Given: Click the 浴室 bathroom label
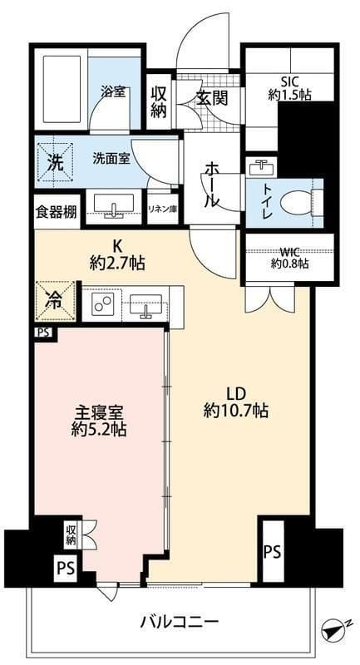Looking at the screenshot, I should (x=115, y=91).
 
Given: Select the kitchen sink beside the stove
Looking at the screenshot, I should (x=147, y=305).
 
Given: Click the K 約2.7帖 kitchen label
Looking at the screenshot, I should (x=116, y=255).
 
